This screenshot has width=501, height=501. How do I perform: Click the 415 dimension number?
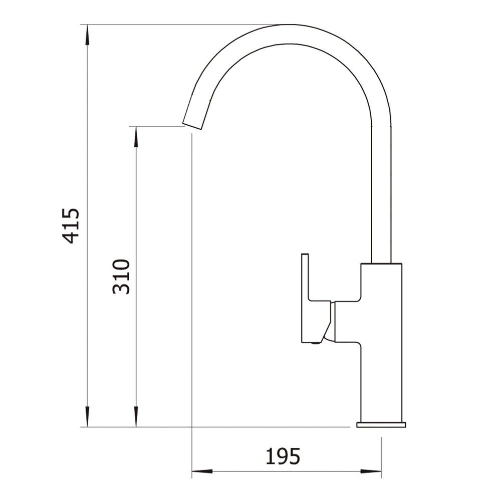(x=70, y=225)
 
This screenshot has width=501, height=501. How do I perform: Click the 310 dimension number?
(x=121, y=277)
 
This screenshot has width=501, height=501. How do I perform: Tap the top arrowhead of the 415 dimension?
(x=87, y=35)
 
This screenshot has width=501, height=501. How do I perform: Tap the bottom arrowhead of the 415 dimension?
(x=87, y=417)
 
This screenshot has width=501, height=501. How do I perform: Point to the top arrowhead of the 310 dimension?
(x=136, y=136)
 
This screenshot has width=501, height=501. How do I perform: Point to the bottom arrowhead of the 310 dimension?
(x=136, y=417)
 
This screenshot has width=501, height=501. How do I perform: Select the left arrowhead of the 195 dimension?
(x=202, y=471)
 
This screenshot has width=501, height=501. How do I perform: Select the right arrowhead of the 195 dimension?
(x=371, y=471)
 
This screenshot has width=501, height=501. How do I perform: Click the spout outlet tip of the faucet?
(x=192, y=126)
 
